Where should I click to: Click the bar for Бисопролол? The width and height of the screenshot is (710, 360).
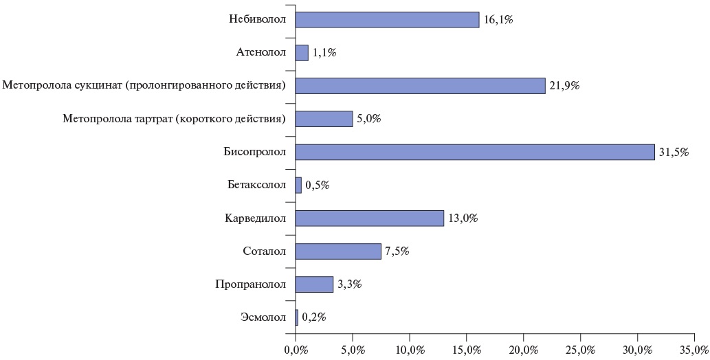(474, 152)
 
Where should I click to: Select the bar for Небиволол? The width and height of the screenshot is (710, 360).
(387, 20)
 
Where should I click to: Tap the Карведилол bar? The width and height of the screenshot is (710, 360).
(369, 218)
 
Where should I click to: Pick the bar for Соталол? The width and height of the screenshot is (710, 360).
(337, 251)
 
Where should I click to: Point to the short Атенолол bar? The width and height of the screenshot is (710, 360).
(302, 53)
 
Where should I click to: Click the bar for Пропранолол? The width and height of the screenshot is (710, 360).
(314, 284)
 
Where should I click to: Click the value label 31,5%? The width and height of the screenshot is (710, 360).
(674, 152)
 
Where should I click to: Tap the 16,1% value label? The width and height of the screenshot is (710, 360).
(498, 20)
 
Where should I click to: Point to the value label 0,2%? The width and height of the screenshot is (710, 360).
(314, 317)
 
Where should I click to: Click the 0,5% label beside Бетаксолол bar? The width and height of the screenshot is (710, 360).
(318, 185)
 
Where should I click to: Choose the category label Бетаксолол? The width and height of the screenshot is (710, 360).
(256, 185)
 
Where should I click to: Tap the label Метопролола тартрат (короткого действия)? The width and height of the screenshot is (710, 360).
(174, 119)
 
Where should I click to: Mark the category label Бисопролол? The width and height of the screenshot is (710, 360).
(254, 152)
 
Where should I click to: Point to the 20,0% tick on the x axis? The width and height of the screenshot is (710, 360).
(523, 350)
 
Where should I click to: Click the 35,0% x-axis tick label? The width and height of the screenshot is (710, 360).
(694, 350)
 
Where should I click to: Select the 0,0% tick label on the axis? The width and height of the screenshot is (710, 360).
(296, 350)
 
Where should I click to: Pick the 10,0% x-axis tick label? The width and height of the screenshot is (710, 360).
(409, 350)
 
